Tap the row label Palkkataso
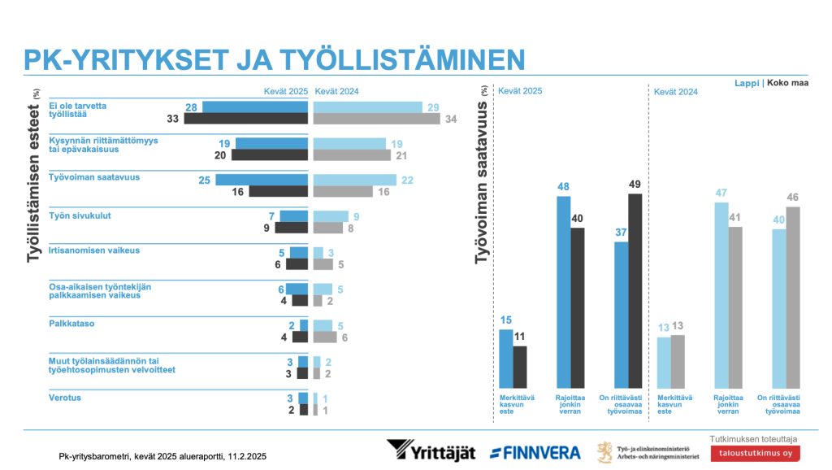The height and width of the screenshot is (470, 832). coord(72,324)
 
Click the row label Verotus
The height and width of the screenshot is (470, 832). coord(66,398)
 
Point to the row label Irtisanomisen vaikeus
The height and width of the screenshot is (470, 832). coord(95,250)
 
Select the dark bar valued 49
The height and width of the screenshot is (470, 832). coord(635,290)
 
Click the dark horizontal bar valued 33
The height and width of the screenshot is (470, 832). coord(246,119)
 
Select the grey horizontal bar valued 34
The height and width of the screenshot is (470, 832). coord(376,119)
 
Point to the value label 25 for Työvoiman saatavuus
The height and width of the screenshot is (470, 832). coord(205,179)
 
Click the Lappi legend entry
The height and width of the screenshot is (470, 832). coord(746,83)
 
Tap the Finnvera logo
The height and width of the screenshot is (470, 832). coord(535,452)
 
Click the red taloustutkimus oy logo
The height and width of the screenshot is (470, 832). coord(755,452)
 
